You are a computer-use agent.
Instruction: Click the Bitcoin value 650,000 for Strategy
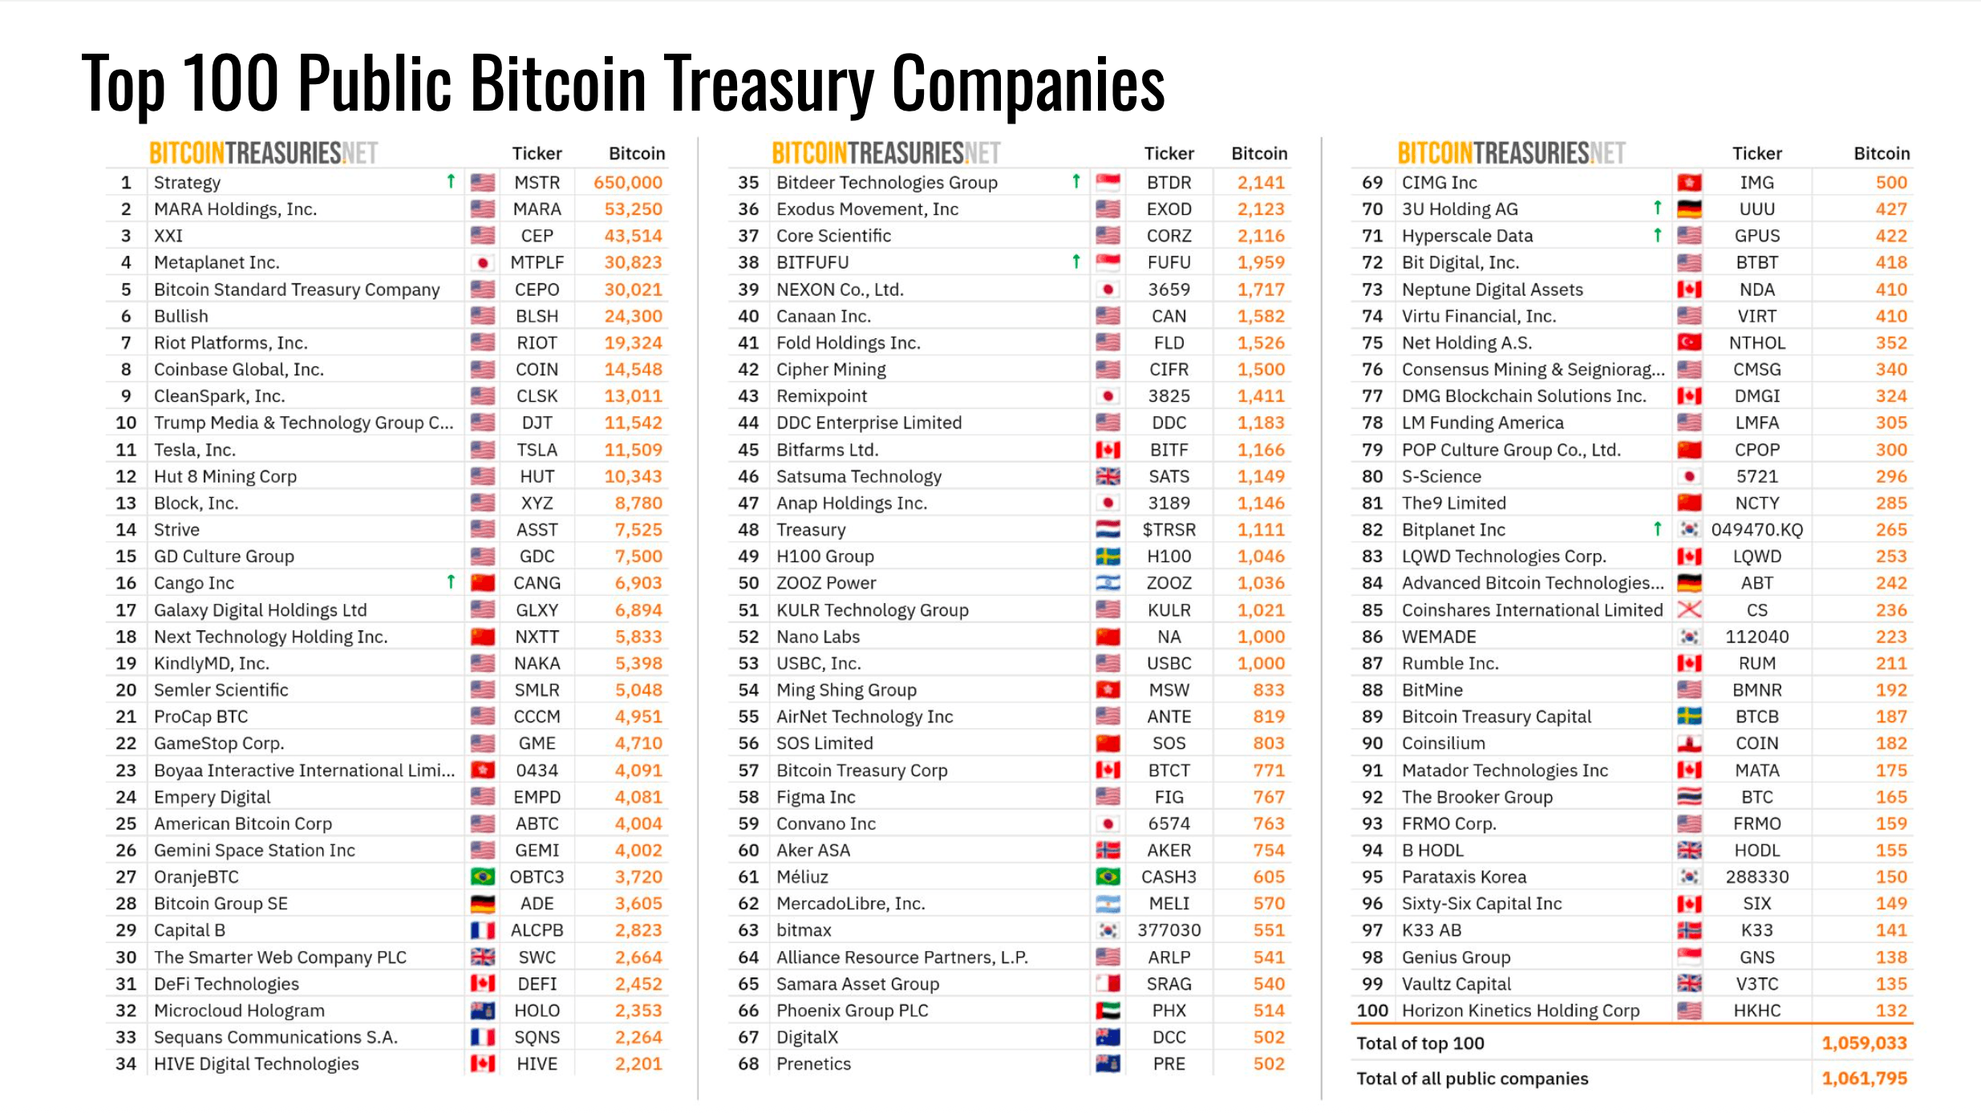627,183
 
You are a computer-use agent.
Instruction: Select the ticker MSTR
537,183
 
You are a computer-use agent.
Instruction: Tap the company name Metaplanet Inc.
217,262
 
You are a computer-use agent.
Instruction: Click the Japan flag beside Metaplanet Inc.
482,262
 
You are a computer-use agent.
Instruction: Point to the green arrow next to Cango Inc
451,581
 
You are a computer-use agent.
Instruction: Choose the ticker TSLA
537,450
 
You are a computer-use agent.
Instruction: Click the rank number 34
126,1064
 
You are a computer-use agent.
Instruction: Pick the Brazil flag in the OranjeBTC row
482,876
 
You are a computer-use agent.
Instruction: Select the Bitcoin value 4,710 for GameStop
638,743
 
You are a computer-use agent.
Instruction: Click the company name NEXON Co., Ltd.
840,289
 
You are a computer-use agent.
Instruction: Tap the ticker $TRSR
1169,530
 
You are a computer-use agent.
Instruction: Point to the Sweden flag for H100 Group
1108,556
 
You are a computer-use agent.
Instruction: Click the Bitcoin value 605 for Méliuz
1269,876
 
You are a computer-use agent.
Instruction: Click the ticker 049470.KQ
1756,530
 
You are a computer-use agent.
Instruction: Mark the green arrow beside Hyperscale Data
1657,235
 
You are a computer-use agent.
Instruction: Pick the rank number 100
1372,1010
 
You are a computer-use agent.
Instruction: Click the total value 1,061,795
1864,1079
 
